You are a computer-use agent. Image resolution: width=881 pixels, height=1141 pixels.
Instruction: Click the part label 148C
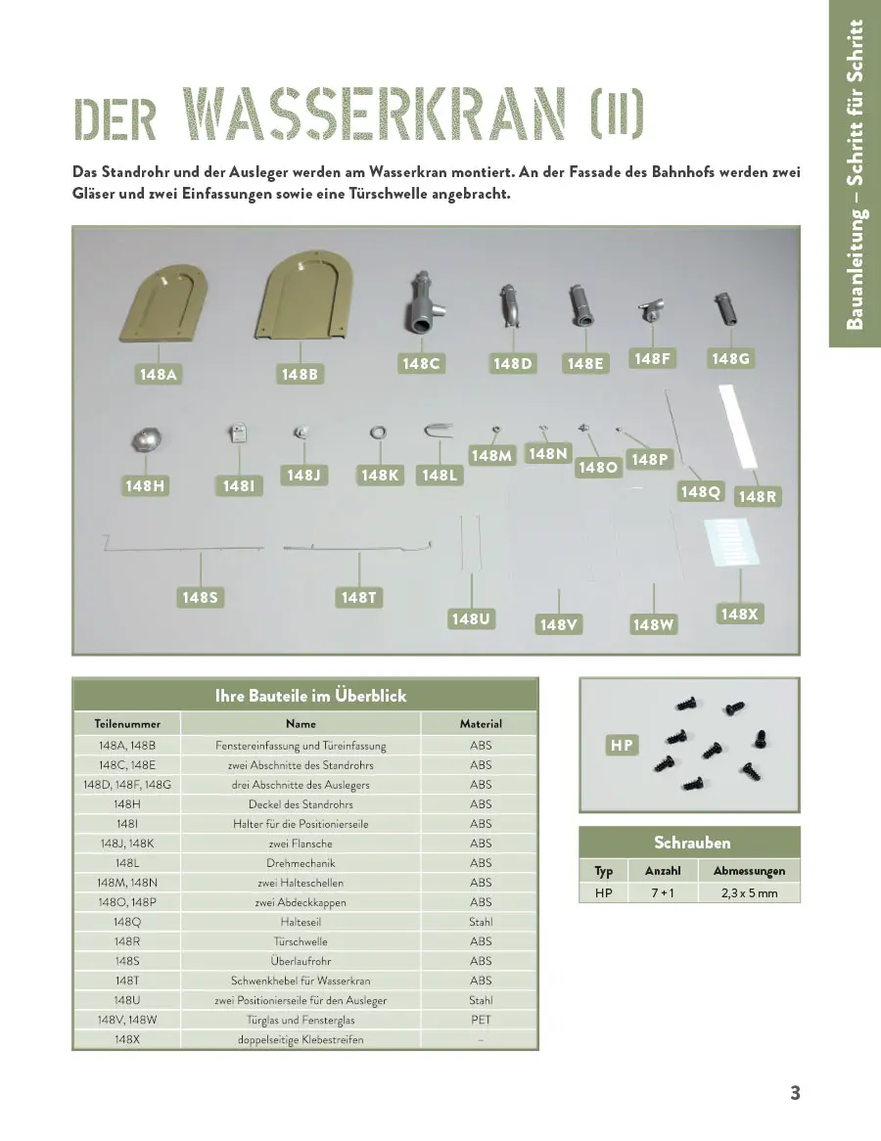tap(422, 364)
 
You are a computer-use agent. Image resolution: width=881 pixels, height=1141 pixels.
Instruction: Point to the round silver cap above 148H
tap(149, 439)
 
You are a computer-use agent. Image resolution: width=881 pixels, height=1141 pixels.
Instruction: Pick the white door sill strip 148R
tap(741, 427)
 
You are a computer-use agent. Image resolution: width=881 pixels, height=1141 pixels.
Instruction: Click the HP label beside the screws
tap(622, 746)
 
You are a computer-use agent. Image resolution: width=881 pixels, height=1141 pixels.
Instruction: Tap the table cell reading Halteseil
tap(301, 922)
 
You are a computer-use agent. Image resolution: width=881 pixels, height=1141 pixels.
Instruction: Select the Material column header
tap(481, 724)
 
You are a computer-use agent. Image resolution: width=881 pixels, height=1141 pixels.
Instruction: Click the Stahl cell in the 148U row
tap(481, 1000)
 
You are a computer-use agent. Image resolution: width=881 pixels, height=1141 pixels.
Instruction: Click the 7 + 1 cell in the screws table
tap(662, 893)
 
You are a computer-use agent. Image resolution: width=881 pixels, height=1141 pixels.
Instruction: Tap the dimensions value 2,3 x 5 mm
tap(749, 893)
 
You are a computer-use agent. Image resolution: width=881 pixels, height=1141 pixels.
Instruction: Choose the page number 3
tap(795, 1093)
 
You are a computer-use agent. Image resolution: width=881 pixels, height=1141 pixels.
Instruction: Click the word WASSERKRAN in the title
tap(375, 117)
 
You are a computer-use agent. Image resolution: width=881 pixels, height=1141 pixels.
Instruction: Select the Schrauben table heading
tap(692, 843)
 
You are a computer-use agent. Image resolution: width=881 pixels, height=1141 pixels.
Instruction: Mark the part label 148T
tap(359, 597)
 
